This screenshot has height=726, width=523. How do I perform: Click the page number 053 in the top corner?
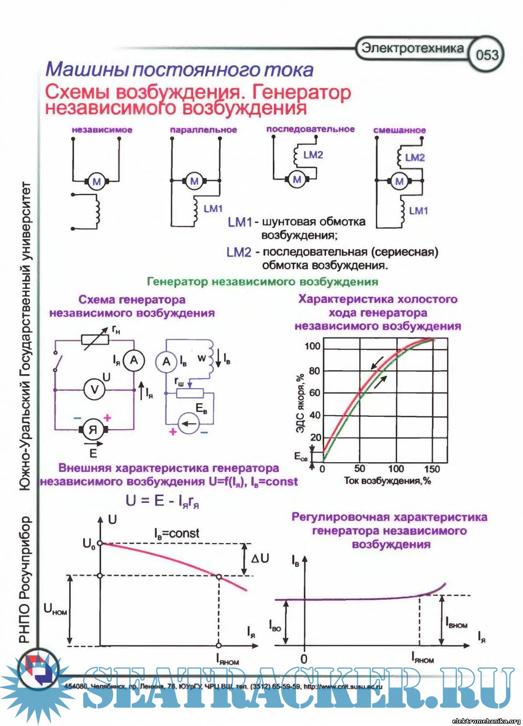[x=487, y=55]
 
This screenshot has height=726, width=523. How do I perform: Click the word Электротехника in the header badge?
[x=413, y=48]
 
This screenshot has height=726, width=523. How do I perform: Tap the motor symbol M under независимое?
[x=97, y=181]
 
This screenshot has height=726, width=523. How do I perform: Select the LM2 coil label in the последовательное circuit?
[x=313, y=155]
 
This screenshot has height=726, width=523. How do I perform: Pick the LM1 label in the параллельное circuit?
[x=213, y=209]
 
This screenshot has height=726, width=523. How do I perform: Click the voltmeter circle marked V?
[x=95, y=390]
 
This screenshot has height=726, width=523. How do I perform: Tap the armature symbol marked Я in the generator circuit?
[x=93, y=429]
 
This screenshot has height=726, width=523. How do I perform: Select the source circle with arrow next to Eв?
[x=189, y=424]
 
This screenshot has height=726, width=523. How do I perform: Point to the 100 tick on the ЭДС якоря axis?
[x=313, y=346]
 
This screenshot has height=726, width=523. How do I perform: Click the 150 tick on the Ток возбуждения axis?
[x=432, y=469]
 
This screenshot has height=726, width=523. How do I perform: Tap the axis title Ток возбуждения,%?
[x=387, y=481]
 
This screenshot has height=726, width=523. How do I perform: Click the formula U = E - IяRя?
[x=162, y=500]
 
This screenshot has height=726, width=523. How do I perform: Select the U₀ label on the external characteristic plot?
[x=89, y=544]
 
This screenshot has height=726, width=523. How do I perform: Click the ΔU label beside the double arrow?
[x=260, y=558]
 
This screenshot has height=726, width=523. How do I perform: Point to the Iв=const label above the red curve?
[x=177, y=533]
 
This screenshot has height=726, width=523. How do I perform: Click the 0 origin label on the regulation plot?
[x=304, y=659]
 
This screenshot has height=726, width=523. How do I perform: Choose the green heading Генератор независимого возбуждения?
[x=262, y=281]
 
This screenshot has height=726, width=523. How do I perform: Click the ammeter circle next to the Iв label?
[x=166, y=362]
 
